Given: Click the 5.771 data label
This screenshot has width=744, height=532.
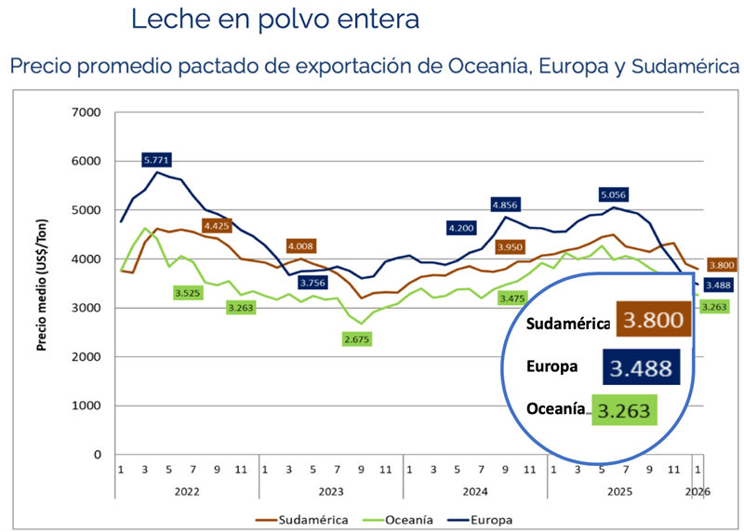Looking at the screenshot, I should [x=157, y=160].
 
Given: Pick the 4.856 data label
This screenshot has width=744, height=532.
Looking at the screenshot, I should [x=504, y=205].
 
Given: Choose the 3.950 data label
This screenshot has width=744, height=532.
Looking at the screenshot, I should [x=511, y=246].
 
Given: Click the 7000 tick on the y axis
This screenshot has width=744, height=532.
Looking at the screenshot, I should [x=86, y=113].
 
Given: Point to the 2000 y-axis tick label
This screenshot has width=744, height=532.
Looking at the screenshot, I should [x=86, y=357].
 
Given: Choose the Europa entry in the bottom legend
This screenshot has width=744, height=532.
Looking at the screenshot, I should [x=491, y=520].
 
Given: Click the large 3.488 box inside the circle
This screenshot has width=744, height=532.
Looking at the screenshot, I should [x=642, y=366].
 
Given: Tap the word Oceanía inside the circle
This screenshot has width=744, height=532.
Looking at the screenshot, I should [x=556, y=408].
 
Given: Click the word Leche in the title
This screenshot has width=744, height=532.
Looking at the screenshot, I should [x=170, y=19].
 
